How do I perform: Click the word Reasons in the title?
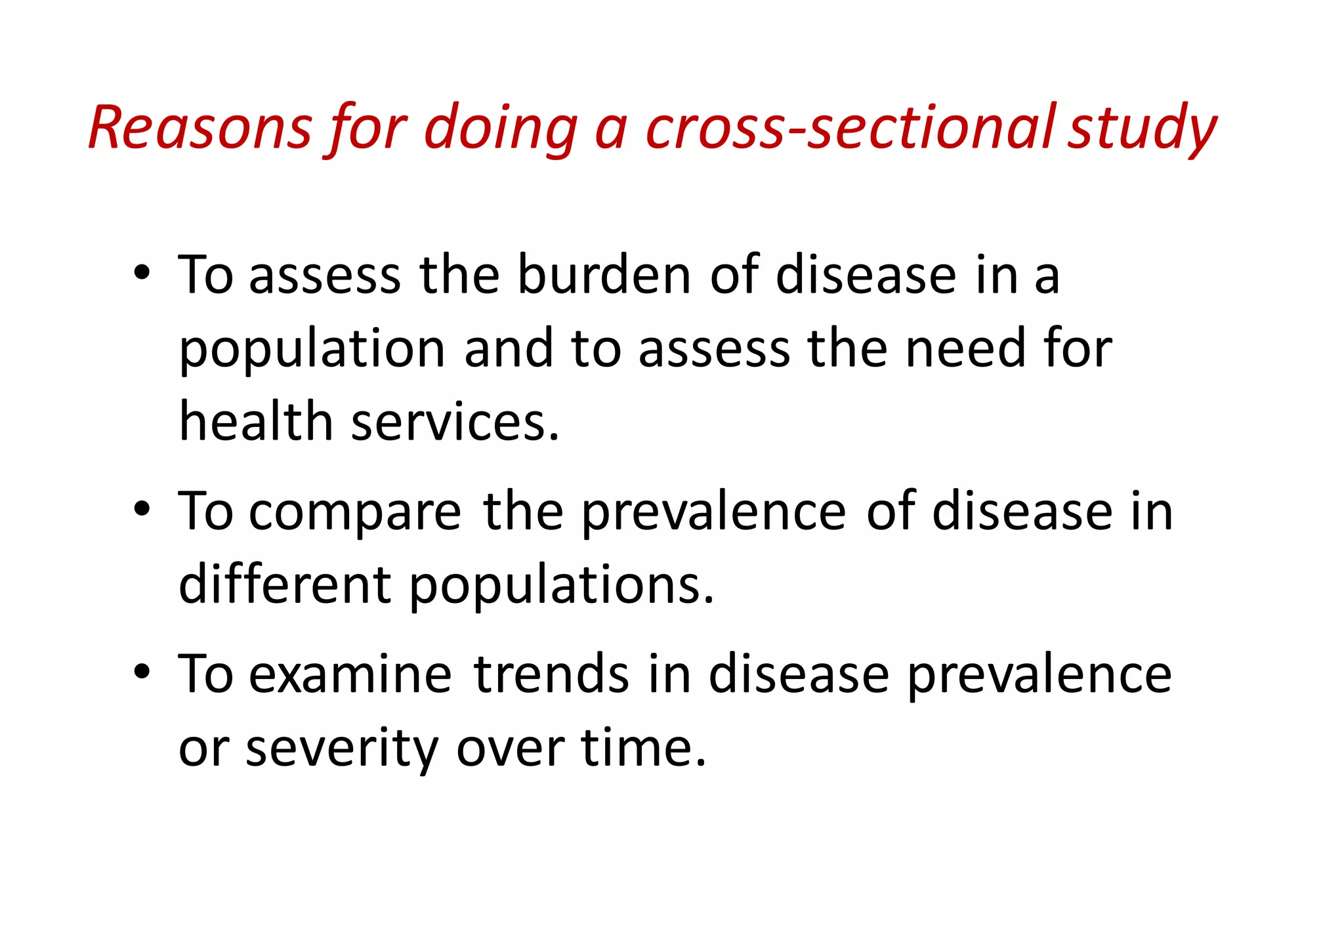[x=200, y=127]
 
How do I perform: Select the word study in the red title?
[x=1143, y=129]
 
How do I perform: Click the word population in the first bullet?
[x=312, y=350]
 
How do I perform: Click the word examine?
[x=350, y=674]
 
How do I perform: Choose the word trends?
[x=551, y=674]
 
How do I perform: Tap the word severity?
[x=341, y=749]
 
